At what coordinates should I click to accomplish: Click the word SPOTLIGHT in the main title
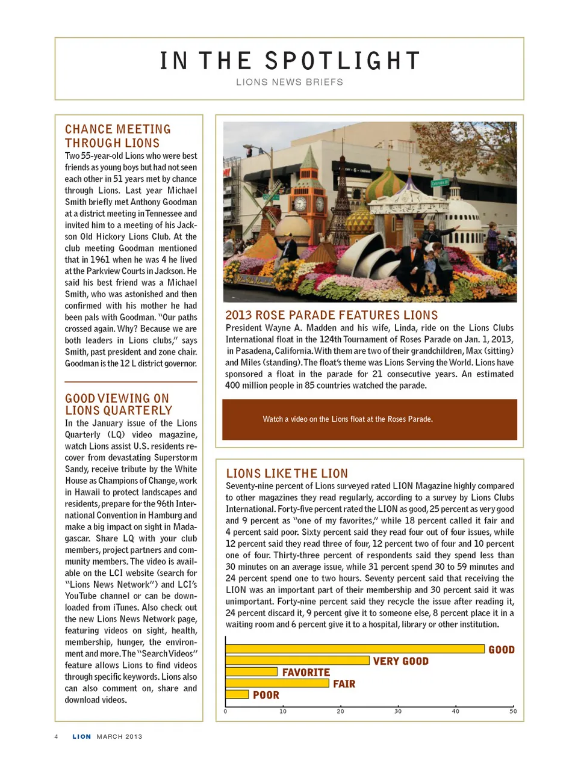(342, 61)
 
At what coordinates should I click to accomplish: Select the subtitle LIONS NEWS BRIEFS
(289, 82)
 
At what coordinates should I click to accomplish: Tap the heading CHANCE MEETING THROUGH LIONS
(118, 136)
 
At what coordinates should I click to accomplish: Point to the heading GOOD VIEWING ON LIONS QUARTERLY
(118, 404)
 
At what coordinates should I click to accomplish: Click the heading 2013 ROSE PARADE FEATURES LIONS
(331, 315)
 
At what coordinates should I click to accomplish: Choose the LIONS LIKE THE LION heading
(287, 473)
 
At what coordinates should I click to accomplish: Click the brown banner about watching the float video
(369, 419)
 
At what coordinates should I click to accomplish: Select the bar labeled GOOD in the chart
(355, 649)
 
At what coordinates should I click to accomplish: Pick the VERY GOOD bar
(297, 661)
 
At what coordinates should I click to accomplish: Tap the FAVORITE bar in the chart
(251, 672)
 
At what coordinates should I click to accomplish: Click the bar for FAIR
(278, 683)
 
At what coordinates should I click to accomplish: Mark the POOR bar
(237, 695)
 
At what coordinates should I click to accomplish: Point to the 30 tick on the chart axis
(398, 711)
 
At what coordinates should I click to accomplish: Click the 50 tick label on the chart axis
(513, 711)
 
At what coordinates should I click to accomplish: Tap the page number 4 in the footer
(56, 736)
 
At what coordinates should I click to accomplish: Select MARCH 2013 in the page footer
(119, 736)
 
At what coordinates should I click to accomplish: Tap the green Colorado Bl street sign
(439, 182)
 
